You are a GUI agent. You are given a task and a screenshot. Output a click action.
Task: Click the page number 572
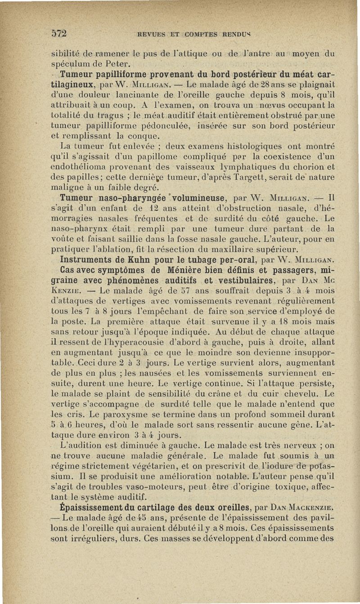pyautogui.click(x=58, y=33)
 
